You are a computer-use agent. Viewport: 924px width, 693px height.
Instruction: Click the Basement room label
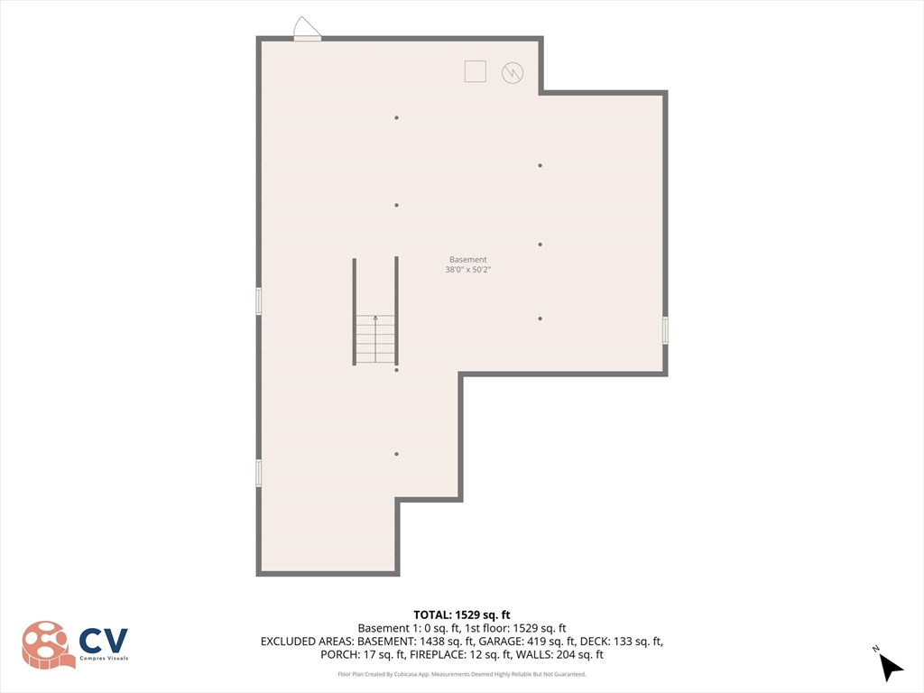(467, 260)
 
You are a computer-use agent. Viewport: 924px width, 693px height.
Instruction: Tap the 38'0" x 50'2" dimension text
(467, 270)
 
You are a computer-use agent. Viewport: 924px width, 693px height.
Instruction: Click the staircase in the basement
(375, 338)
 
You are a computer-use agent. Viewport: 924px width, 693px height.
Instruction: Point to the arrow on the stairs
(375, 319)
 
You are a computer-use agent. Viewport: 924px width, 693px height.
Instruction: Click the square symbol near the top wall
(475, 71)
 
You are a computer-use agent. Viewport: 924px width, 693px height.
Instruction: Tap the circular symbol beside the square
(513, 72)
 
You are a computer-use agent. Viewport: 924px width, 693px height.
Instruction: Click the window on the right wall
(665, 330)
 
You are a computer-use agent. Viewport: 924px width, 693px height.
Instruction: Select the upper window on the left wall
(259, 300)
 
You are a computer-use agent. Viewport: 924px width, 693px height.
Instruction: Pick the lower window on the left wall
(259, 473)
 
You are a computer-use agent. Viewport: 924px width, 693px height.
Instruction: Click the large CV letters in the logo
(103, 640)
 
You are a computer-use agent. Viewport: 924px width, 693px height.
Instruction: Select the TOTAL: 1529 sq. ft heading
(462, 614)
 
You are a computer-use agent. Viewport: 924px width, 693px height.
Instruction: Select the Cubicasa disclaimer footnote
(462, 674)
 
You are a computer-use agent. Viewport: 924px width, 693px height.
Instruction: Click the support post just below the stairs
(396, 370)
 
